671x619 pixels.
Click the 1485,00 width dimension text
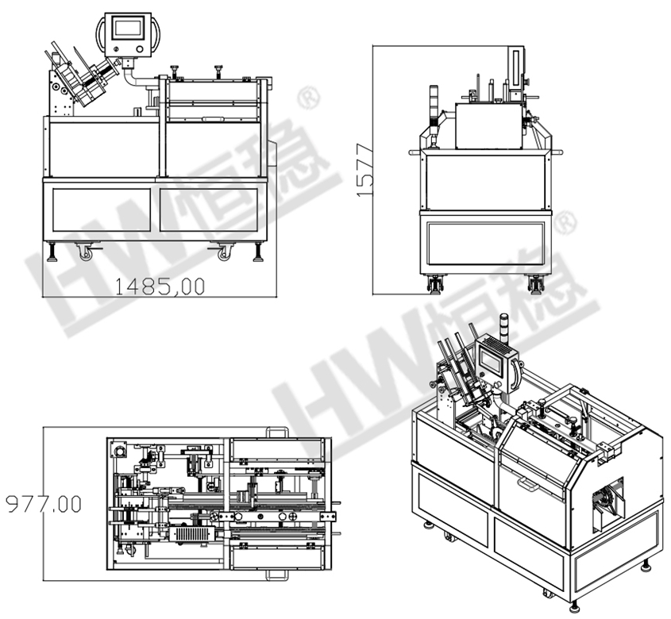160,286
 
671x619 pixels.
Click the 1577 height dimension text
365,171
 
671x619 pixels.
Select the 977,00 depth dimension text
44,505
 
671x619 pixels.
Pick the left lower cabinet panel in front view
102,210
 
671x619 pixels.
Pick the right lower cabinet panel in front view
209,210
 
